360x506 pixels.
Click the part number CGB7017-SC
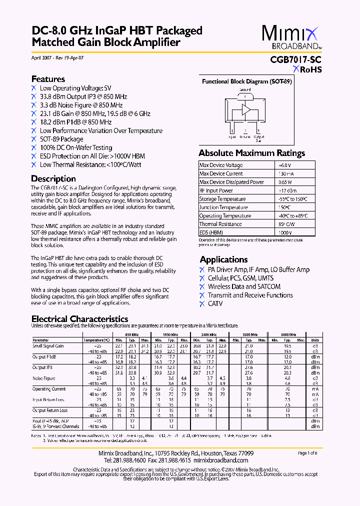[292, 59]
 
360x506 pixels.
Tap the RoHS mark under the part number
[307, 69]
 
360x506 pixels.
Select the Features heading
[48, 79]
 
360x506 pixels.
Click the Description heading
[53, 178]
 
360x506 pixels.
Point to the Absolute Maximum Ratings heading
[251, 153]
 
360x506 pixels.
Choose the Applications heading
[223, 259]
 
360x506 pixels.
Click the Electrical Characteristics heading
[79, 319]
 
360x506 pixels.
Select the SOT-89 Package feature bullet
[61, 139]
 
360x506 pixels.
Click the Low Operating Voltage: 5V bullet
[75, 88]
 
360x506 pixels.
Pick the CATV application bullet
[215, 303]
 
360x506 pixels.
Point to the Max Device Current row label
[221, 173]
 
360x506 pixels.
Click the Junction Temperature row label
[223, 207]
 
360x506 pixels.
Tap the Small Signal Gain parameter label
[48, 345]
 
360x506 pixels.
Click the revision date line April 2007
[57, 58]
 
